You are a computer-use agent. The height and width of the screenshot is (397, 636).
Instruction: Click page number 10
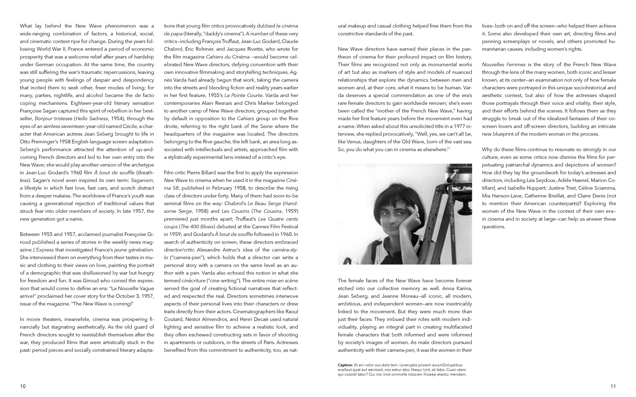click(23, 386)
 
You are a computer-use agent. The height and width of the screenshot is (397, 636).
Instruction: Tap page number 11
click(613, 386)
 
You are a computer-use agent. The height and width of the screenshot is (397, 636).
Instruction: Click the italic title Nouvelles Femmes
click(503, 65)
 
